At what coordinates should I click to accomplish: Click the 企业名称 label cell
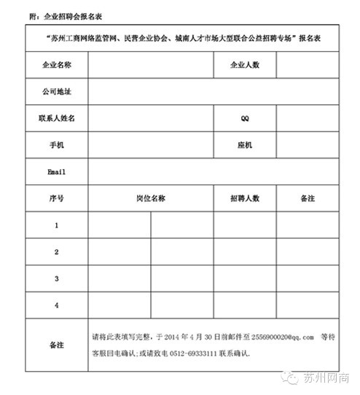[56, 65]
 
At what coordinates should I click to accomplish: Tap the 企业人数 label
[244, 65]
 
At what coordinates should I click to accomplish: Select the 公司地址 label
[56, 92]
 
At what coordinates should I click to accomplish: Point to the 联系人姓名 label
[56, 118]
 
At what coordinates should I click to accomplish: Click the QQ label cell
[244, 118]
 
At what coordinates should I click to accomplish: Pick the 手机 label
[56, 145]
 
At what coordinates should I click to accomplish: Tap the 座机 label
[244, 145]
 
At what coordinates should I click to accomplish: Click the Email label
[56, 172]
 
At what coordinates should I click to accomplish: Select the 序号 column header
[56, 198]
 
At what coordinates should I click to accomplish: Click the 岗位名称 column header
[151, 198]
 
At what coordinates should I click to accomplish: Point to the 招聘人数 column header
[244, 198]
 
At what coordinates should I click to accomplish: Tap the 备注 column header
[307, 198]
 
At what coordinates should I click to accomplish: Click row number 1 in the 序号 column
[56, 225]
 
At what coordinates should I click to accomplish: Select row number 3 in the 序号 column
[56, 278]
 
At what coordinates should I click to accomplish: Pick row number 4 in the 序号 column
[56, 305]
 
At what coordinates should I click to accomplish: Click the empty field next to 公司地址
[213, 92]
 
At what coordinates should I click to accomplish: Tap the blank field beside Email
[213, 172]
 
